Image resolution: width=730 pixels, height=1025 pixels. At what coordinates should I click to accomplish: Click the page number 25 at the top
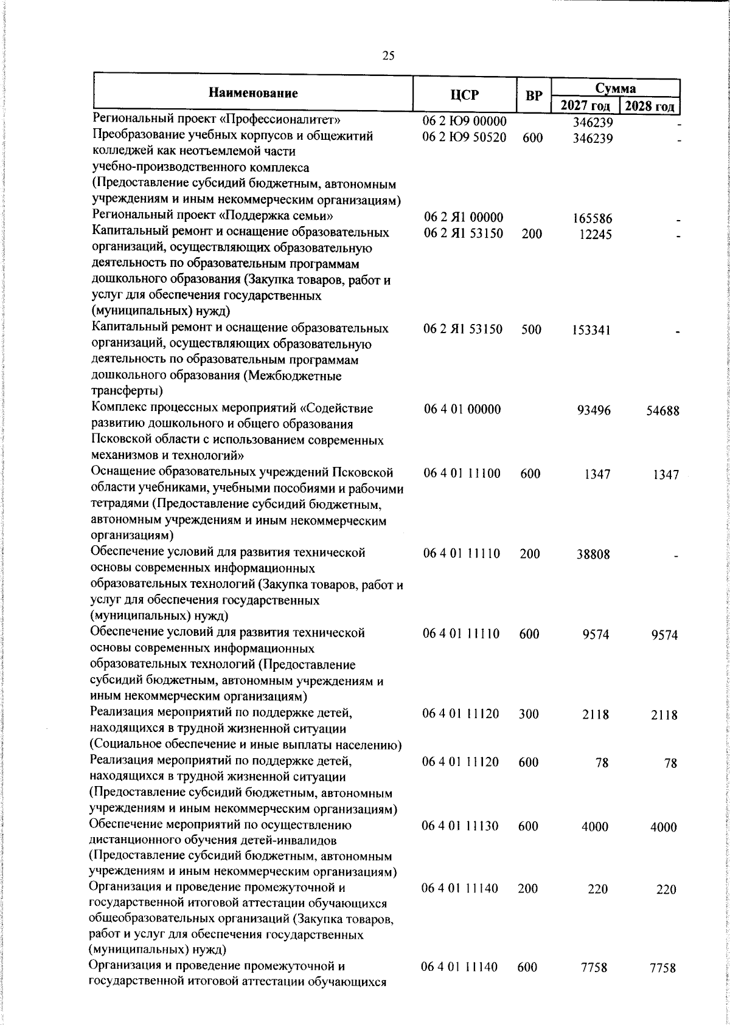tap(388, 57)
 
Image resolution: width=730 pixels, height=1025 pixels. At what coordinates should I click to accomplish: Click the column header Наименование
tap(253, 93)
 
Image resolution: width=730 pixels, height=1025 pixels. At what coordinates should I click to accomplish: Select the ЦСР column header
tap(465, 95)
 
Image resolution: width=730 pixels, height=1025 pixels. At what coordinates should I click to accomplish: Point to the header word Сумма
tap(615, 88)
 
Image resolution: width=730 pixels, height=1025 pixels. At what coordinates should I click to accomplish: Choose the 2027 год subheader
tap(585, 106)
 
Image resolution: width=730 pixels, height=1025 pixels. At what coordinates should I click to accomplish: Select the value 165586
tap(593, 219)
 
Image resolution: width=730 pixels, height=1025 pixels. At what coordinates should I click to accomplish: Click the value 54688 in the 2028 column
tap(662, 410)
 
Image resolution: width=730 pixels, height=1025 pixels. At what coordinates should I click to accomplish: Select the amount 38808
tap(594, 554)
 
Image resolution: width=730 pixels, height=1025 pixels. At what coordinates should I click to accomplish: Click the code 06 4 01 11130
tap(461, 826)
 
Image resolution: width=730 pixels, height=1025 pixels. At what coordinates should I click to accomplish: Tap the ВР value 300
tap(529, 714)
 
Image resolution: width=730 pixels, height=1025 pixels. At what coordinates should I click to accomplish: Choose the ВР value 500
tap(532, 330)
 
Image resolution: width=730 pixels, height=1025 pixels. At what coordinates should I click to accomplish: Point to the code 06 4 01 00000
tap(462, 410)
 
